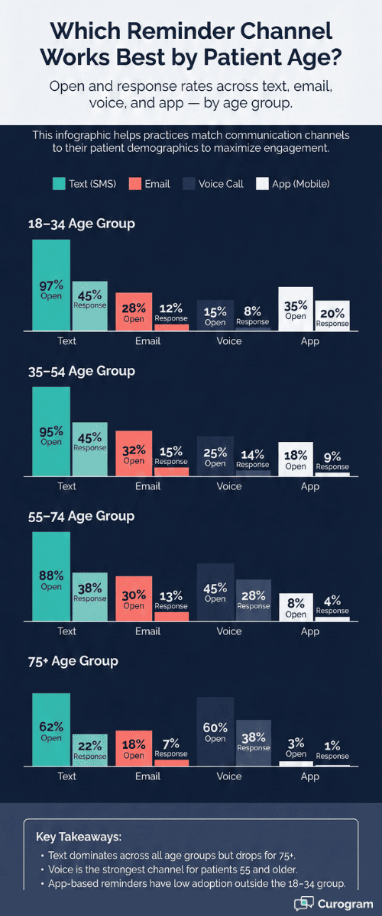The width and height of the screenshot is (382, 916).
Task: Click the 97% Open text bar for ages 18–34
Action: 51,286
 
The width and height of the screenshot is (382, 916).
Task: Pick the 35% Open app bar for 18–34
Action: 296,310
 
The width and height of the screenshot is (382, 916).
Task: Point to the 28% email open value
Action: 134,307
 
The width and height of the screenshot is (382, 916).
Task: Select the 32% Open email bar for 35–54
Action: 134,453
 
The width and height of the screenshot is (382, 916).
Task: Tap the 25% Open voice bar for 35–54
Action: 215,456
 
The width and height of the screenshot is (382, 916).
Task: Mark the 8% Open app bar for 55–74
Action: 296,607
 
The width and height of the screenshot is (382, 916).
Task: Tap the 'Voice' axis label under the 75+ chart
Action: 229,776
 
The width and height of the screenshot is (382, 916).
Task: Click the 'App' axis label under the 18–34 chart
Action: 309,341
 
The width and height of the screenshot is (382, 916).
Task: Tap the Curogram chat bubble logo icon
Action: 304,903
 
